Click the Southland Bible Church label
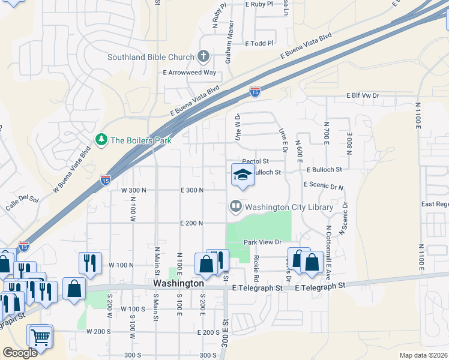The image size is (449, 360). (x=150, y=58)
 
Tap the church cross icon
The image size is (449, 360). (x=203, y=58)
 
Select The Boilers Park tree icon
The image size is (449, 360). (x=101, y=140)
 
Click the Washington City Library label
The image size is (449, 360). (x=289, y=208)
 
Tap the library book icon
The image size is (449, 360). (x=235, y=208)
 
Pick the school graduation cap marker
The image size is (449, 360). (x=243, y=175)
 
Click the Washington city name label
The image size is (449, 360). (x=178, y=283)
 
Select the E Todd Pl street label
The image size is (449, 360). (x=259, y=43)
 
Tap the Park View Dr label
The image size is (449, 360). (x=262, y=242)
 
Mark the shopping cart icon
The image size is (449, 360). (x=40, y=337)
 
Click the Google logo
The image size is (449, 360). (x=20, y=353)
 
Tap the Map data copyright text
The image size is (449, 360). (x=424, y=355)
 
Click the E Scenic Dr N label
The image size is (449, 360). (x=324, y=186)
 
